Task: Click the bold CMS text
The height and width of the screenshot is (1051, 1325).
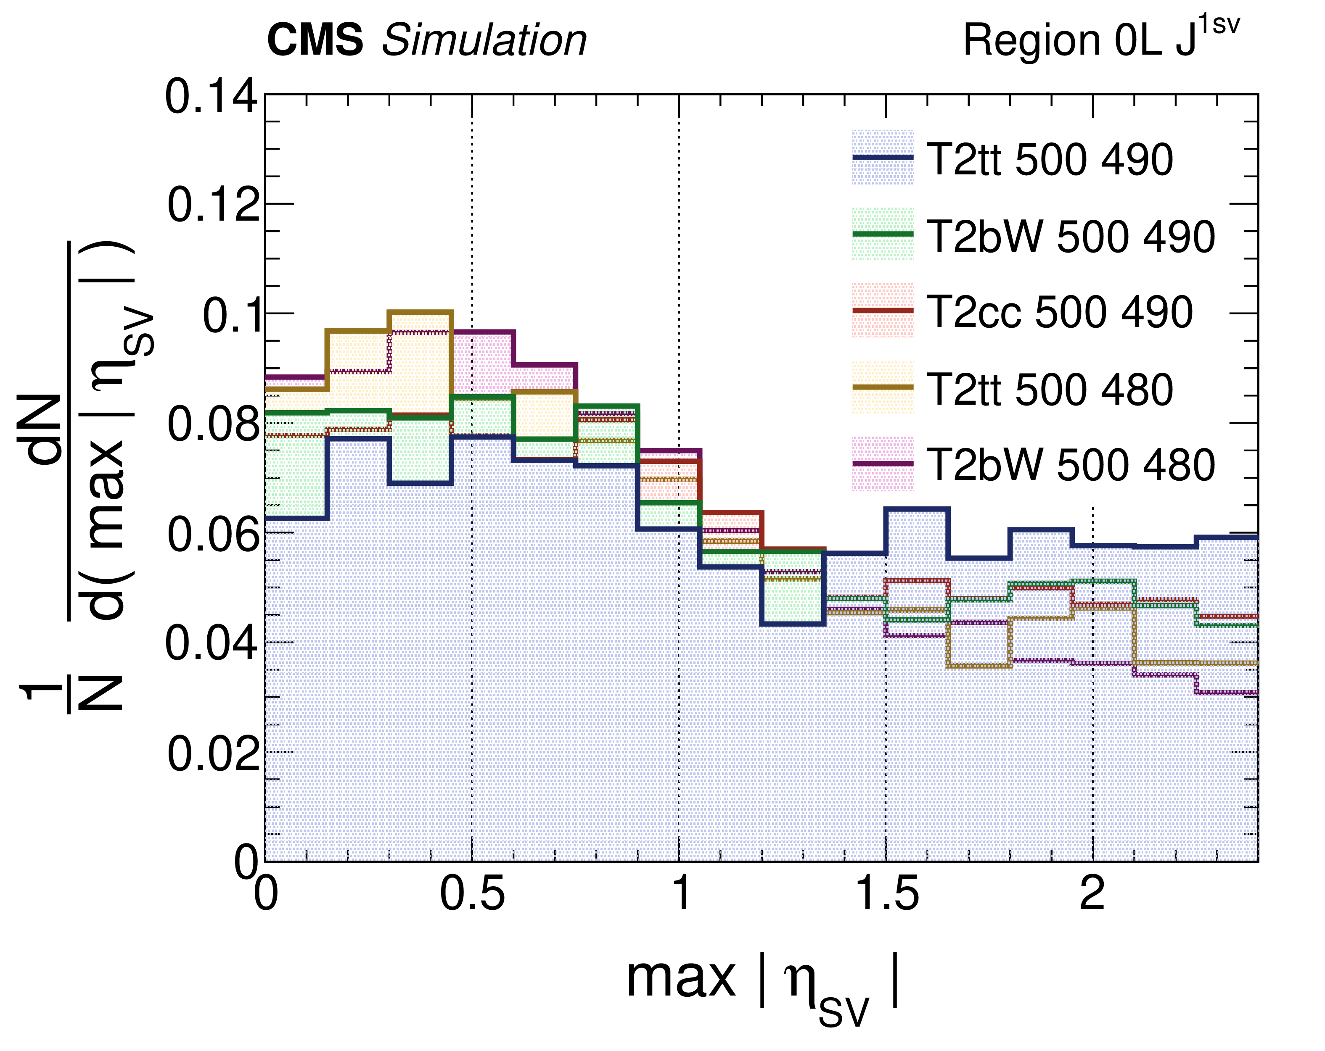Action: coord(315,40)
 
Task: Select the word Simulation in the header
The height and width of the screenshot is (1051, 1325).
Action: coord(484,40)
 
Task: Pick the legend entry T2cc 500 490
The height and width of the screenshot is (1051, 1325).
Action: coord(1060,312)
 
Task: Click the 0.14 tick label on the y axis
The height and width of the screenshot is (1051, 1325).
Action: coord(211,97)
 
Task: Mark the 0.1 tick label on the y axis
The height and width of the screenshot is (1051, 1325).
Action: coord(230,317)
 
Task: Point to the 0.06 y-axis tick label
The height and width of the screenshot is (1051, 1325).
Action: coord(212,535)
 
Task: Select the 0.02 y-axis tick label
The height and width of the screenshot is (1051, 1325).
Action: coord(212,754)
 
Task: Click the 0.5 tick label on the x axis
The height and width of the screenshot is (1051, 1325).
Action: coord(472,894)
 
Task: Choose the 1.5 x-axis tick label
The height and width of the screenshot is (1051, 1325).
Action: coord(886,894)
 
